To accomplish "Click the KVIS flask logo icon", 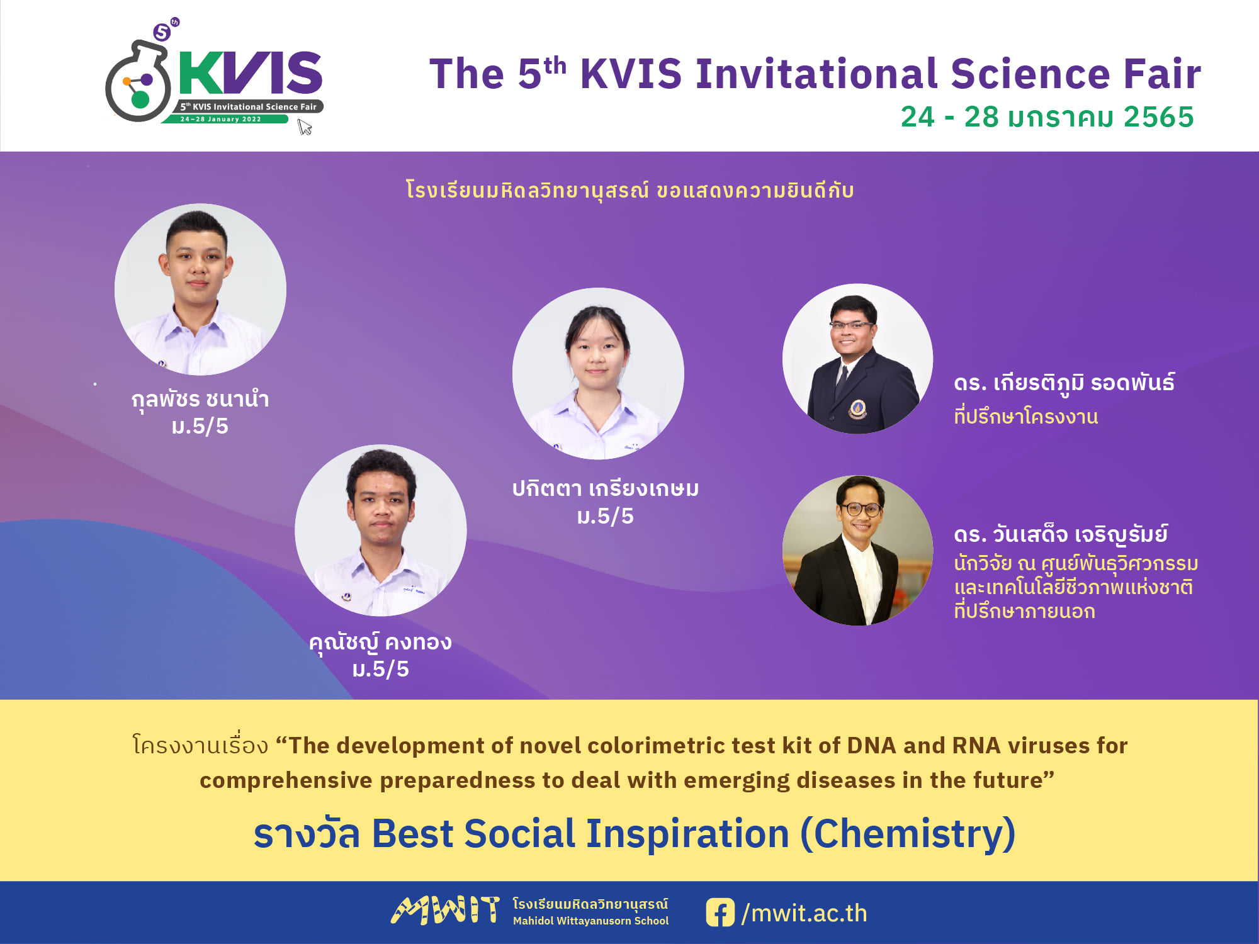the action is (x=138, y=81).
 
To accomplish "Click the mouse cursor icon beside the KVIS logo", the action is (x=305, y=128).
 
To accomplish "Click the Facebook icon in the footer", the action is (x=720, y=913).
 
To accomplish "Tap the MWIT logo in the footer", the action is (x=445, y=911).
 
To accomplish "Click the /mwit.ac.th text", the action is (x=805, y=913).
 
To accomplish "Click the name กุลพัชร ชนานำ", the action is (x=200, y=400).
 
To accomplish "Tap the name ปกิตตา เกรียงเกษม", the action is (x=606, y=489).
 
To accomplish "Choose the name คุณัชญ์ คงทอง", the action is (x=380, y=643).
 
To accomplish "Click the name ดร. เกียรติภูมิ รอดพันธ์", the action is (x=1064, y=383).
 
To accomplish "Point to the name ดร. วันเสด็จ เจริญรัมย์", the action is (x=1061, y=535).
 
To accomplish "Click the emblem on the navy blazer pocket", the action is (x=857, y=409).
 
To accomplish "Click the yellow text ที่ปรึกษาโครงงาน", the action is (x=1026, y=417).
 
